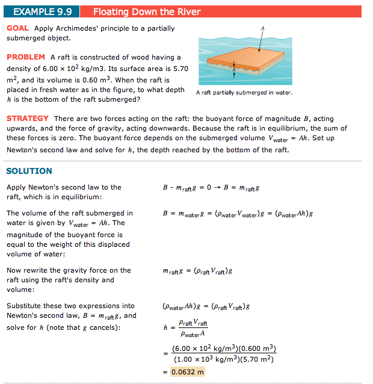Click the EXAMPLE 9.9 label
(42, 11)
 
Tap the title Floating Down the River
(147, 11)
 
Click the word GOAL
(18, 28)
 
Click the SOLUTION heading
(29, 171)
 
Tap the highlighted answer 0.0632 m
(188, 371)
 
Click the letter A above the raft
(262, 28)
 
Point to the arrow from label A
(260, 42)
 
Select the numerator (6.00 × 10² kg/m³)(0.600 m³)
(224, 348)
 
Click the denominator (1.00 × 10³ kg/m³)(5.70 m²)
(224, 359)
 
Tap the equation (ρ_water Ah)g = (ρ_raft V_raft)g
(206, 306)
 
